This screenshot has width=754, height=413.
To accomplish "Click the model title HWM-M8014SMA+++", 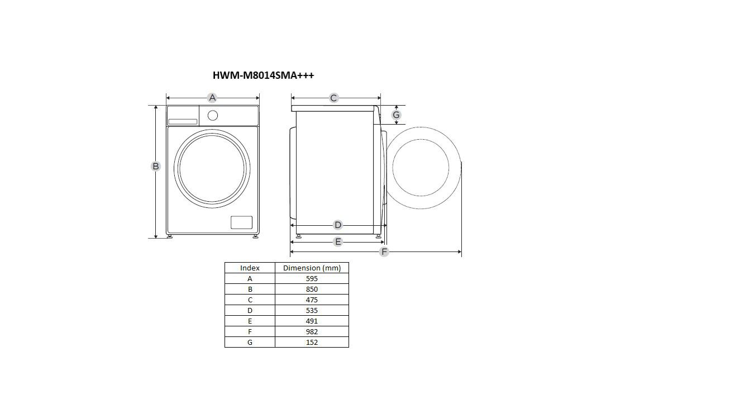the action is (263, 75).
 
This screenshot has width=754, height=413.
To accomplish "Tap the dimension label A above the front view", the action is (212, 98).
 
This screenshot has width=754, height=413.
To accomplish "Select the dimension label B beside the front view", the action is (155, 166).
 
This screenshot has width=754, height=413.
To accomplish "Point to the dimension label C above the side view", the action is (333, 98).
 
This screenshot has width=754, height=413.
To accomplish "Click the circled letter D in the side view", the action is (337, 225).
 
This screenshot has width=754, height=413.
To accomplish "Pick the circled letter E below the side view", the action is (337, 241).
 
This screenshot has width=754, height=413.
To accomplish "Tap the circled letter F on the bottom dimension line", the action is (384, 251).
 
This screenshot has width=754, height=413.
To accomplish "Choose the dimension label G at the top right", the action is (396, 115).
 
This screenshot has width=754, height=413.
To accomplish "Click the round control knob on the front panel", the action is (213, 116).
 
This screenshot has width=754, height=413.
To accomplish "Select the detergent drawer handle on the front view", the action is (183, 122).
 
